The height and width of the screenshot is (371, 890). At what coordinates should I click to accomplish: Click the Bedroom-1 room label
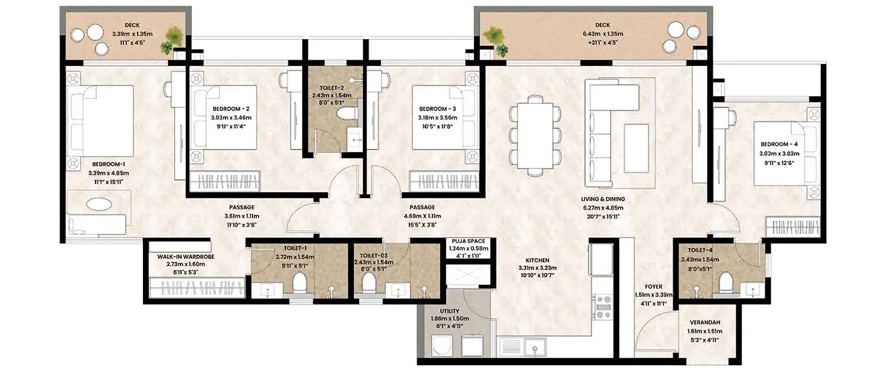(108, 164)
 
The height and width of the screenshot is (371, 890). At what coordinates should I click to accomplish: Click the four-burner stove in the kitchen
(603, 307)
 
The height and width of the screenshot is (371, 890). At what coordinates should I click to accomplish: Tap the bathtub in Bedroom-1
(98, 205)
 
